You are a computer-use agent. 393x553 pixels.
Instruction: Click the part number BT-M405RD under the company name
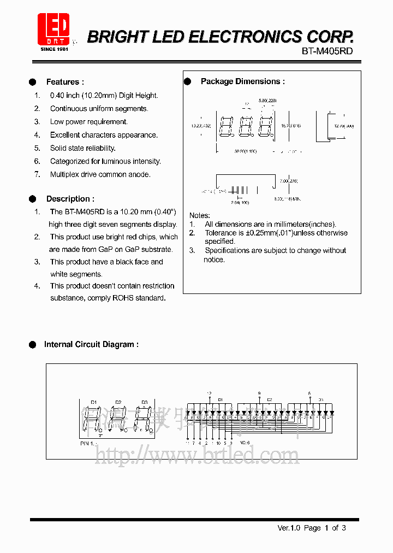[x=327, y=51]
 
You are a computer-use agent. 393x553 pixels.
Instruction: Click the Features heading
[x=64, y=82]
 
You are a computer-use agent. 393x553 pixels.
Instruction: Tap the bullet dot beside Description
[x=32, y=199]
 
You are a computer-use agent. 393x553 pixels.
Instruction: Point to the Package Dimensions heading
[x=242, y=81]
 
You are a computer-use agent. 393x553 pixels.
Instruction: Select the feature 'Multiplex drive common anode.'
[x=100, y=174]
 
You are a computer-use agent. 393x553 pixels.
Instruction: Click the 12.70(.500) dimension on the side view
[x=344, y=126]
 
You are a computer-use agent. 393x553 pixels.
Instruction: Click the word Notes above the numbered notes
[x=199, y=215]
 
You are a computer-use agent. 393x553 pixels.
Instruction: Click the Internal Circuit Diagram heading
[x=91, y=344]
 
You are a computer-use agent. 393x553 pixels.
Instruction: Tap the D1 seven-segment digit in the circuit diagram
[x=92, y=419]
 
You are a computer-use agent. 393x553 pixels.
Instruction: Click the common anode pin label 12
[x=209, y=393]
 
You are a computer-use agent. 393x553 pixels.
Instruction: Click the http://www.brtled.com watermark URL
[x=196, y=455]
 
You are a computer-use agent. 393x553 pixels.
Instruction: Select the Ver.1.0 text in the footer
[x=289, y=528]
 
